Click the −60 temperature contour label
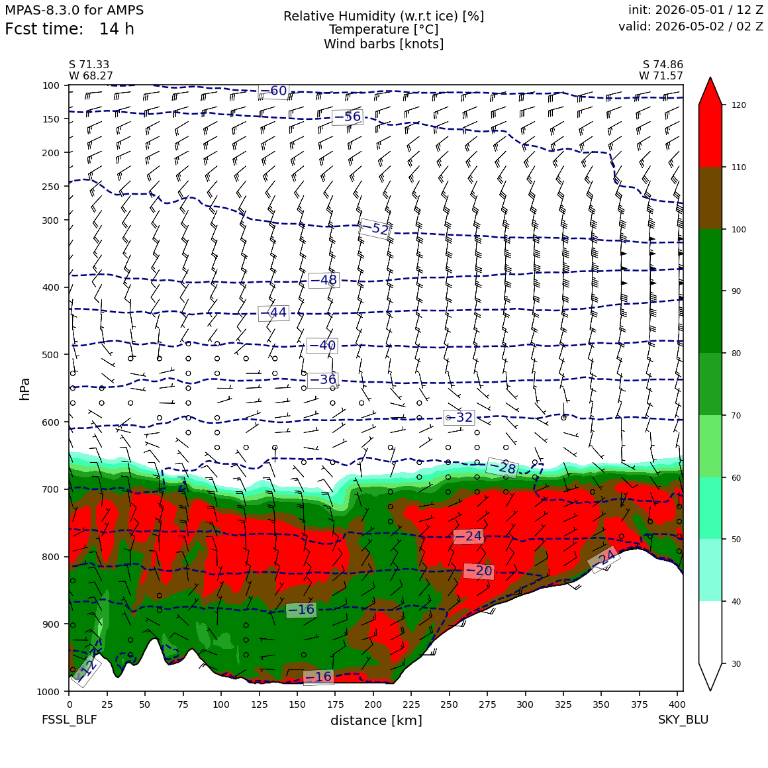click(x=273, y=91)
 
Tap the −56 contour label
click(x=348, y=117)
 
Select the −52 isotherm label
click(x=375, y=228)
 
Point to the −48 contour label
click(x=324, y=279)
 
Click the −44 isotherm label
click(x=274, y=312)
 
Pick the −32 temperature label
click(x=459, y=417)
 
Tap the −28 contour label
click(x=502, y=468)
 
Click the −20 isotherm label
click(x=479, y=571)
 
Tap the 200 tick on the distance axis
click(x=373, y=704)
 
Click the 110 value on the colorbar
click(x=739, y=168)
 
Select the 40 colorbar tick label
click(x=736, y=601)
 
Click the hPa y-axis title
click(x=24, y=389)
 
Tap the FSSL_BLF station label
click(x=70, y=720)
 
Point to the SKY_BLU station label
click(x=683, y=720)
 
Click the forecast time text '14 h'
click(x=117, y=29)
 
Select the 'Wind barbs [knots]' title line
click(x=384, y=44)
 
